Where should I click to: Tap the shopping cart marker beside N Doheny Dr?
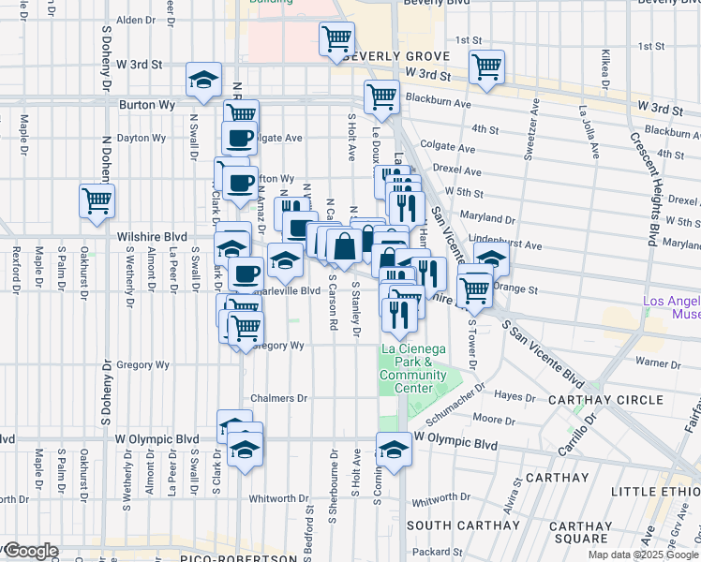click(97, 200)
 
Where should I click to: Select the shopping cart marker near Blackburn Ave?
click(382, 96)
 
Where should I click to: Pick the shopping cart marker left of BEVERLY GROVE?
click(336, 39)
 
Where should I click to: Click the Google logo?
click(29, 552)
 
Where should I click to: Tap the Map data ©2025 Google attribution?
click(643, 555)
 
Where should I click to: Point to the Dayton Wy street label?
click(142, 138)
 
